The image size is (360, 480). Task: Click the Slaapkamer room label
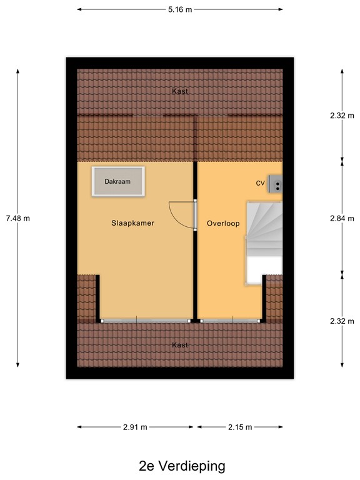(132, 223)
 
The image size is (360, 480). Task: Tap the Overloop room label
(224, 223)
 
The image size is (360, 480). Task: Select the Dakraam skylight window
(118, 181)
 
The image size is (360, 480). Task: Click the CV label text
(261, 184)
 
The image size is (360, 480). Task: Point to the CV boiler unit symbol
(276, 184)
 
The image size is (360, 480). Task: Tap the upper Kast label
(180, 91)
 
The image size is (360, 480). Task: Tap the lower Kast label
(180, 345)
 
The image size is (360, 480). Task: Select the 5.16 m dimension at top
(180, 10)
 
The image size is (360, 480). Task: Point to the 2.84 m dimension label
(341, 218)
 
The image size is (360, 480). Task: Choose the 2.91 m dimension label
(136, 427)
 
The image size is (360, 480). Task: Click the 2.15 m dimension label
(240, 427)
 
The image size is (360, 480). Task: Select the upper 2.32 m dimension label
(341, 116)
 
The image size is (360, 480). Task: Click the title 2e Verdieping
(182, 466)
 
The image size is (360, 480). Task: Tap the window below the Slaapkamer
(146, 321)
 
